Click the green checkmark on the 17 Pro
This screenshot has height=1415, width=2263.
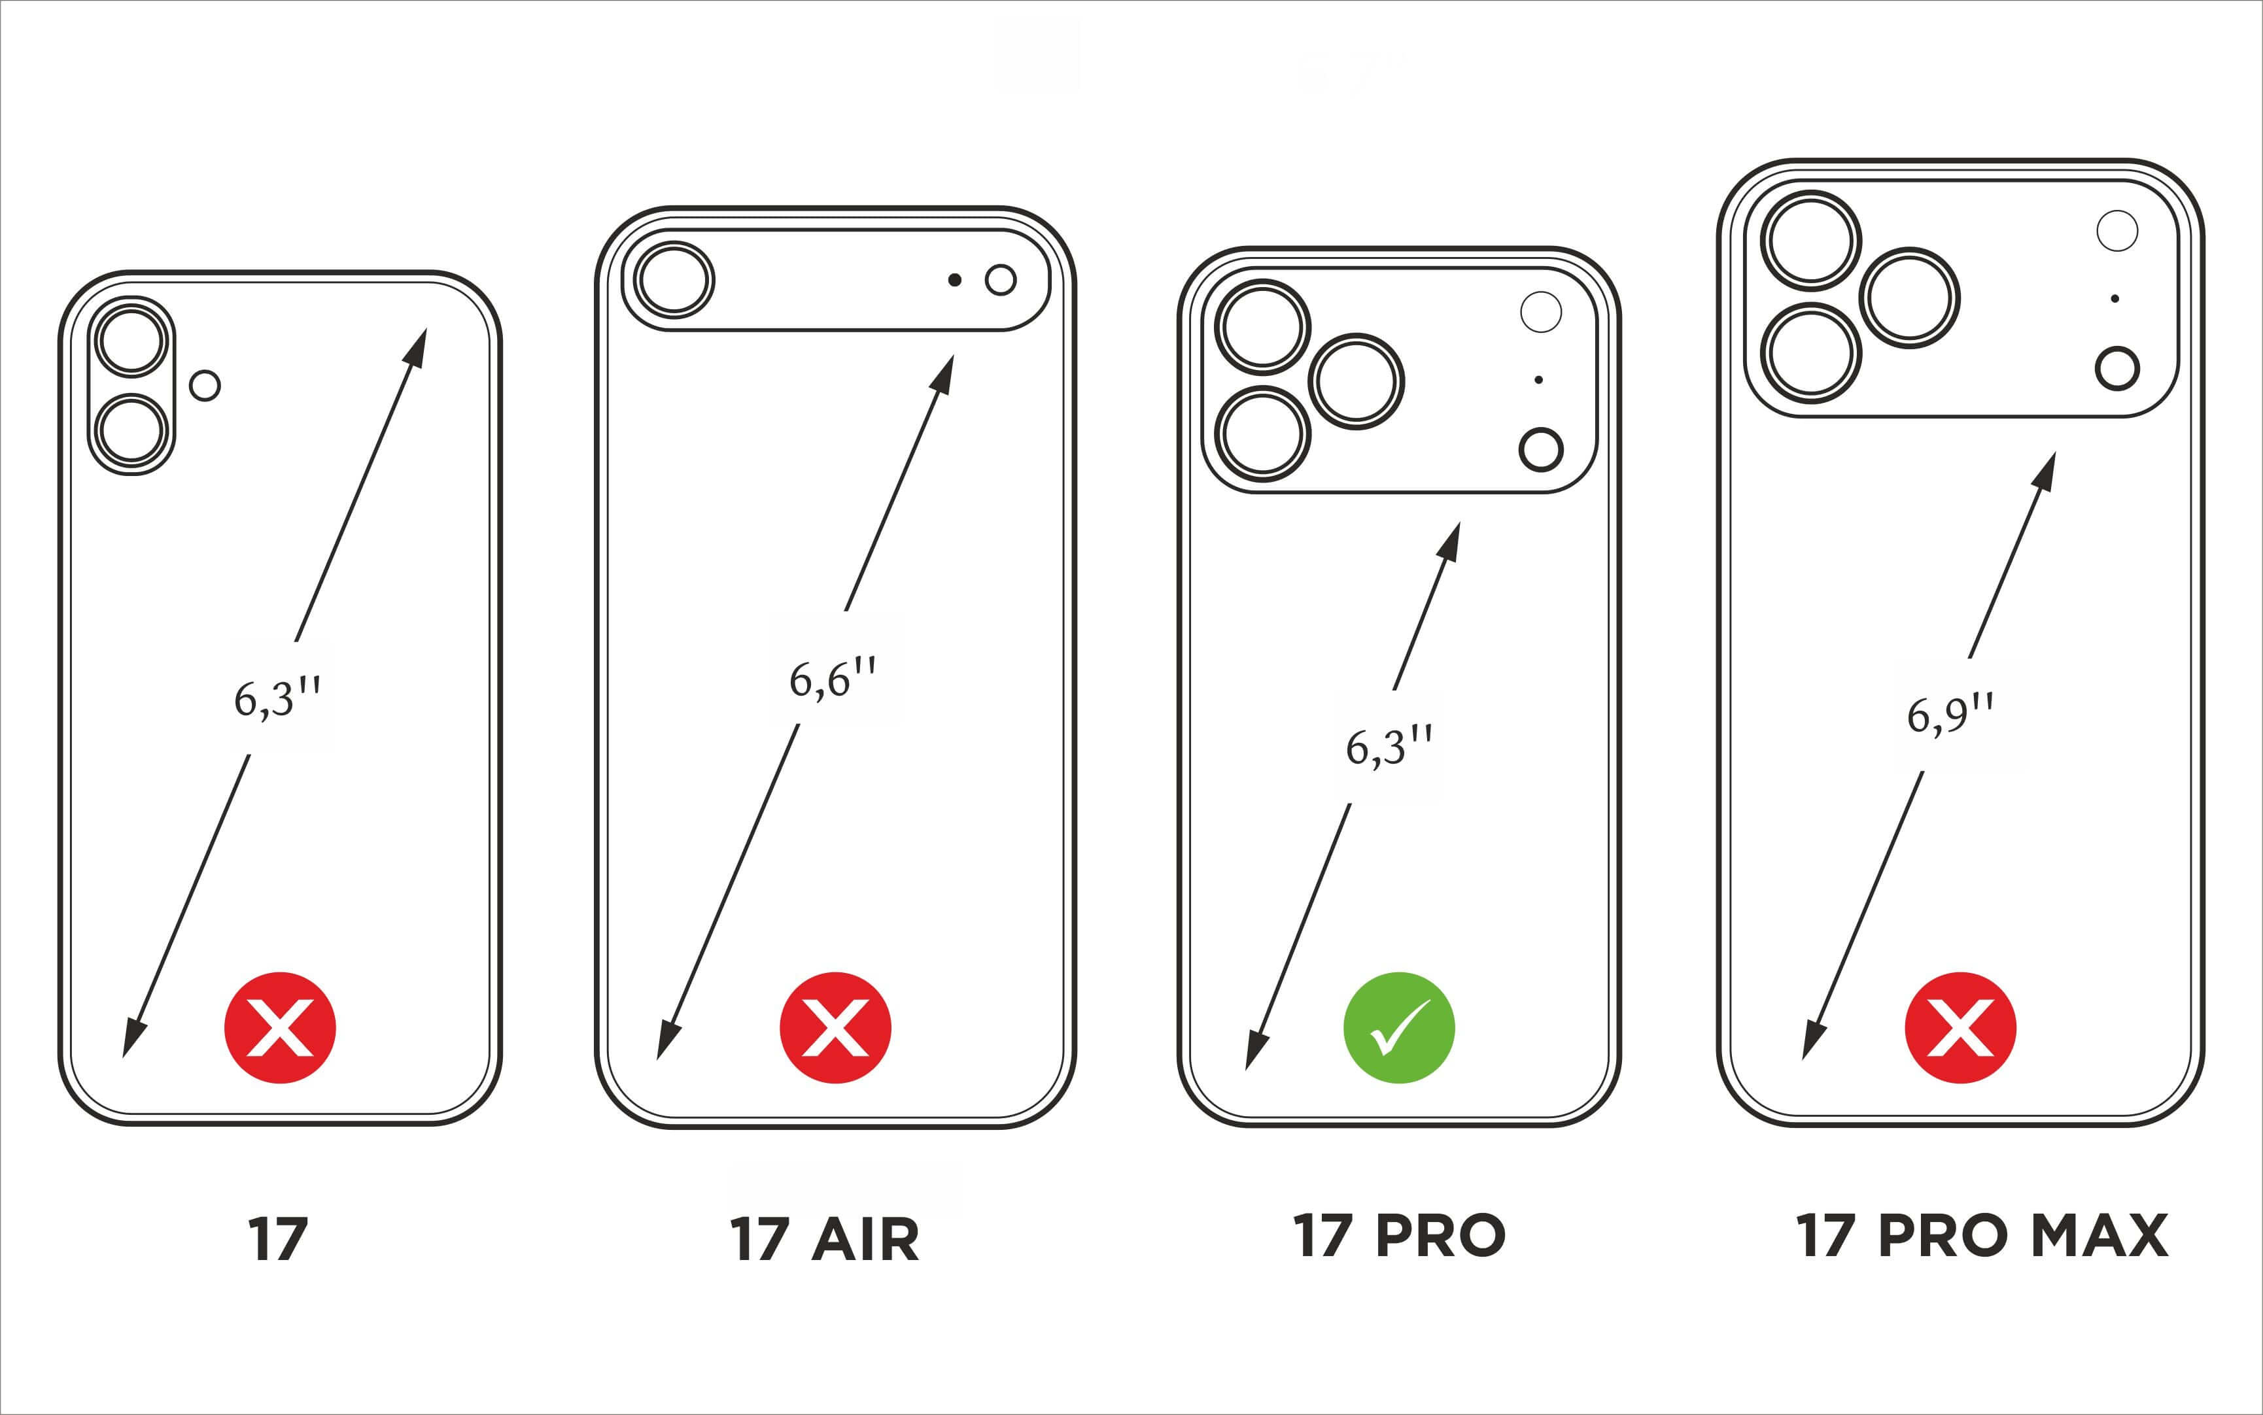[x=1399, y=1027]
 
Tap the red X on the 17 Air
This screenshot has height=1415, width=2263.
[x=835, y=1027]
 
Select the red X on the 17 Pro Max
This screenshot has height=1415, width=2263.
[x=1960, y=1027]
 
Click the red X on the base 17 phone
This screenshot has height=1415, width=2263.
[x=280, y=1027]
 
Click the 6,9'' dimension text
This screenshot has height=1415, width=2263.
[x=1950, y=715]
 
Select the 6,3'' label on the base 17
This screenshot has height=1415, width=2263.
[x=277, y=697]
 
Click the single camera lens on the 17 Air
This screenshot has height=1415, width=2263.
[x=674, y=280]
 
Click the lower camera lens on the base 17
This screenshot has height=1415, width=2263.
[x=132, y=432]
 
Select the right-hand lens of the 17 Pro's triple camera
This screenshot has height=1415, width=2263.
[x=1356, y=381]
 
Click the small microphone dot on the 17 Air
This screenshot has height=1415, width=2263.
[x=955, y=280]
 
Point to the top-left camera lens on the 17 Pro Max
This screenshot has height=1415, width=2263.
[x=1812, y=239]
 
